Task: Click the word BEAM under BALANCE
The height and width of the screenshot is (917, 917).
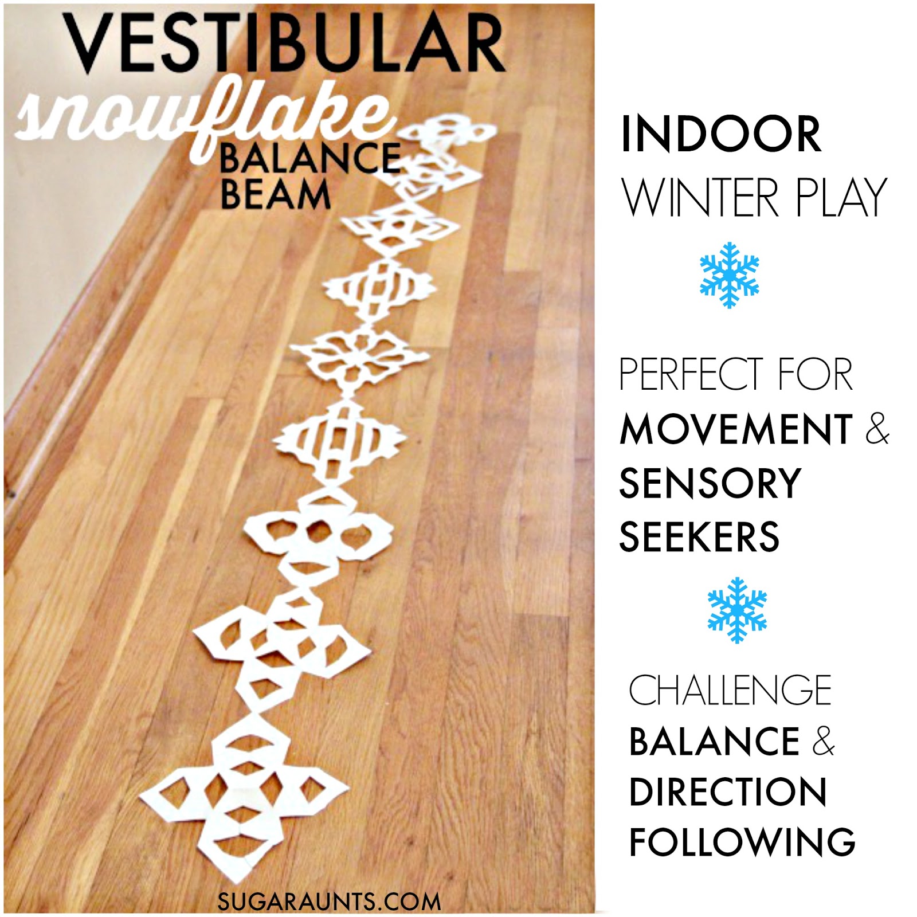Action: click(x=275, y=194)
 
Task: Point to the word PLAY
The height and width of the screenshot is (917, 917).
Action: click(x=842, y=198)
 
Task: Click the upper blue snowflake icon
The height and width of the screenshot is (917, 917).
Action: click(x=729, y=275)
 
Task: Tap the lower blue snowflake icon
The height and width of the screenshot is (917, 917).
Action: click(x=737, y=610)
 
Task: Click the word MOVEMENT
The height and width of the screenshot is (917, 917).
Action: click(x=736, y=429)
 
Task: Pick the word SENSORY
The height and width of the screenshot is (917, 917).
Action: click(x=710, y=483)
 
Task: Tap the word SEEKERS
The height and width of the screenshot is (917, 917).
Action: click(x=699, y=536)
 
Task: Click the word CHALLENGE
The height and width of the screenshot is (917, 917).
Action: click(x=730, y=689)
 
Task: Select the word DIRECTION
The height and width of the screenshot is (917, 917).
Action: click(x=728, y=792)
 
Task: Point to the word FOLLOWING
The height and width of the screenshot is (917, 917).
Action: click(x=742, y=841)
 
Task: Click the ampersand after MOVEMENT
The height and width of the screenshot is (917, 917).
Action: click(x=876, y=429)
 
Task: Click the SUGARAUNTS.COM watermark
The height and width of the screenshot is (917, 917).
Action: click(x=329, y=901)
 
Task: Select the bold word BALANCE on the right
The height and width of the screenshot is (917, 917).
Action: click(x=714, y=740)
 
